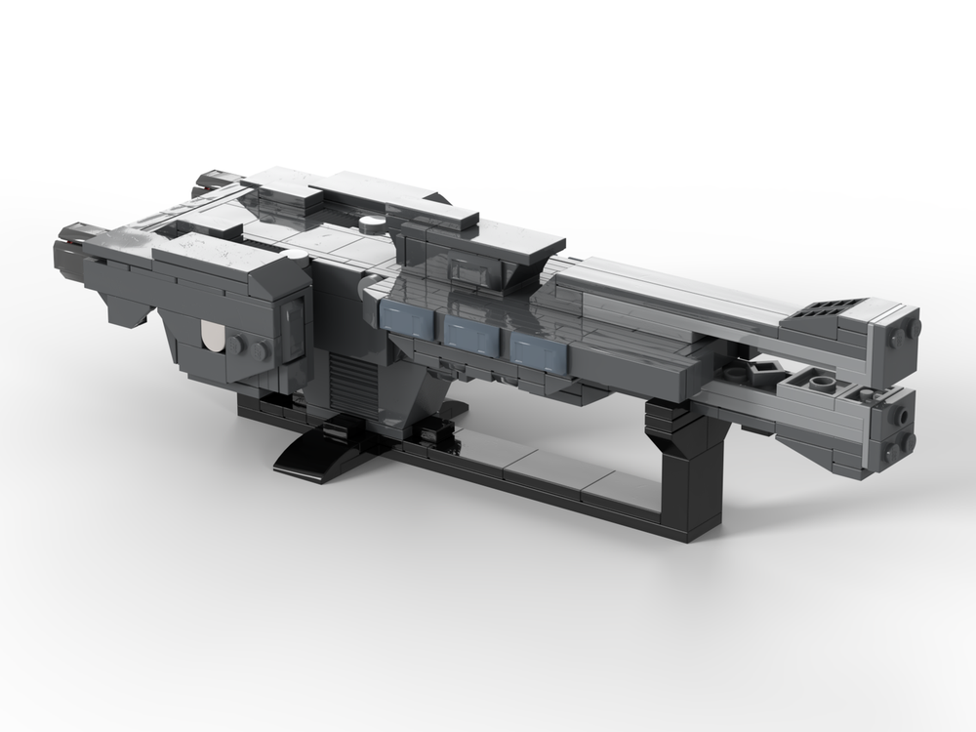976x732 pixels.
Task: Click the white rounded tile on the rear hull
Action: [x=210, y=338]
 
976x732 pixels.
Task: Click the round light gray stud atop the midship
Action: [x=370, y=224]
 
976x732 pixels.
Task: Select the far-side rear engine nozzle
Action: [x=209, y=181]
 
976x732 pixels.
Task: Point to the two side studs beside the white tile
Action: [x=249, y=347]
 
